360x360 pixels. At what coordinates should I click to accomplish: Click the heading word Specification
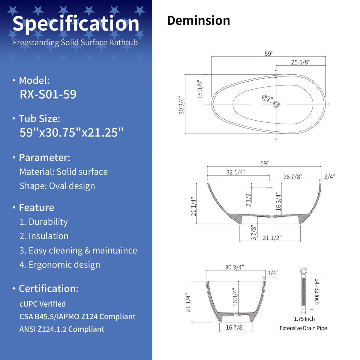76,24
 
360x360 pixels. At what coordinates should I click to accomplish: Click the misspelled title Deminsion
198,20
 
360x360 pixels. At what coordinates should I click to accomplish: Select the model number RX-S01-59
48,94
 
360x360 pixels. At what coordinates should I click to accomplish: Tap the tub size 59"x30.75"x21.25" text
71,133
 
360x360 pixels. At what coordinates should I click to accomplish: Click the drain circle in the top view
276,104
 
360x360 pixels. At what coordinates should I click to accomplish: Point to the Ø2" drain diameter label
267,98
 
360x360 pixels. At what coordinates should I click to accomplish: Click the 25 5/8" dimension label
301,62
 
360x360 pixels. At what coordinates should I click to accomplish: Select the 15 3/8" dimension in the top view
200,89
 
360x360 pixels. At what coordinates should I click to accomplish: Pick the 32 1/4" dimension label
235,172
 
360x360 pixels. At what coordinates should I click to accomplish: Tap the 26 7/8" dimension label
293,177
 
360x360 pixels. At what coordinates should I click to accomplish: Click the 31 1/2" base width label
272,238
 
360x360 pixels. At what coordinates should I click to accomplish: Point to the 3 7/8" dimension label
253,232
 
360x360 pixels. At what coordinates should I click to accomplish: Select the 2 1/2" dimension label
248,199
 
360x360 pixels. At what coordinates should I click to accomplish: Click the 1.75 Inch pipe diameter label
304,319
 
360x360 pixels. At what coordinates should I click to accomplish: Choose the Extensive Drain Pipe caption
303,328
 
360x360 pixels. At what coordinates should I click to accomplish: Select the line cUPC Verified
43,304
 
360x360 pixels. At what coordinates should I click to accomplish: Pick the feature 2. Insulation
44,236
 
